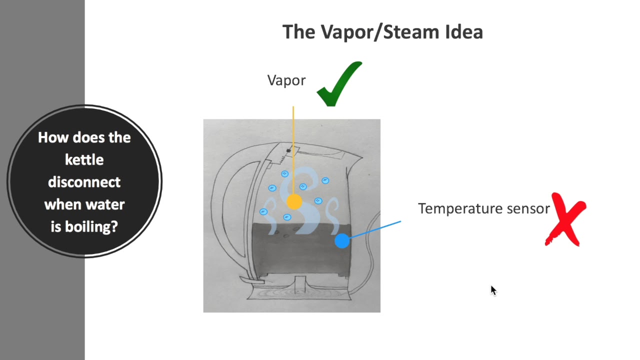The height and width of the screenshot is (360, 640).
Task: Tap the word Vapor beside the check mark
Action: tap(286, 80)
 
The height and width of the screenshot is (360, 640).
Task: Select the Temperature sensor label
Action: tap(483, 208)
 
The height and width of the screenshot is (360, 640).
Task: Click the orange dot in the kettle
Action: tap(294, 202)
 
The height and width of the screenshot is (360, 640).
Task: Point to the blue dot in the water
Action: tap(342, 241)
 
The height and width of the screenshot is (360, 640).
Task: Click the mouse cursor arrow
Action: tap(493, 290)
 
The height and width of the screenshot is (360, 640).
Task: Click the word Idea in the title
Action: tap(463, 32)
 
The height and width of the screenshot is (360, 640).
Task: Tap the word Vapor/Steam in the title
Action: tap(380, 32)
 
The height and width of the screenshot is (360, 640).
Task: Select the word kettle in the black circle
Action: tap(84, 160)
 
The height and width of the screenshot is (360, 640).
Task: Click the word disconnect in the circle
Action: tap(84, 182)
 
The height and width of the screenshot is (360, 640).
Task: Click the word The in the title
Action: tap(299, 32)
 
